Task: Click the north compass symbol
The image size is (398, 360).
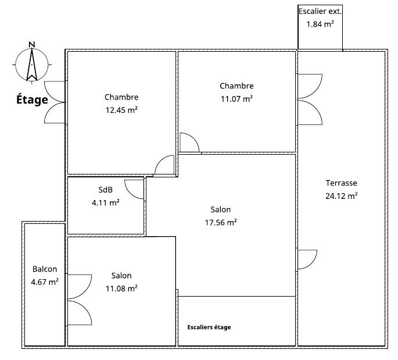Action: [32, 65]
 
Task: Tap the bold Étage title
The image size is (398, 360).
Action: [32, 99]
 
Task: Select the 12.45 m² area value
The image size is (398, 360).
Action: [121, 110]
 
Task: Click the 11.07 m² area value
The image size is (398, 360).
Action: [236, 98]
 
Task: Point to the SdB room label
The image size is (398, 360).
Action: [105, 190]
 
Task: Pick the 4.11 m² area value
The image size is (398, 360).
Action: [106, 203]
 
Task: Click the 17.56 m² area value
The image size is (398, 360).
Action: [221, 223]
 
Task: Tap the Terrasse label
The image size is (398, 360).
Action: [342, 183]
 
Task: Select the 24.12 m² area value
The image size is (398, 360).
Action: [342, 196]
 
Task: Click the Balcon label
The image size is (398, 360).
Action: [45, 269]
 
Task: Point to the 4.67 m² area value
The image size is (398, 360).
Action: [45, 282]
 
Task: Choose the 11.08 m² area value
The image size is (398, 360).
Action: [121, 288]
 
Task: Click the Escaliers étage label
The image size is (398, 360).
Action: [209, 327]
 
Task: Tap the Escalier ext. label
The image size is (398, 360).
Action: [320, 11]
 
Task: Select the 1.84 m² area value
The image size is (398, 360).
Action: [320, 24]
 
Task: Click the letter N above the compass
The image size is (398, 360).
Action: [32, 44]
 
